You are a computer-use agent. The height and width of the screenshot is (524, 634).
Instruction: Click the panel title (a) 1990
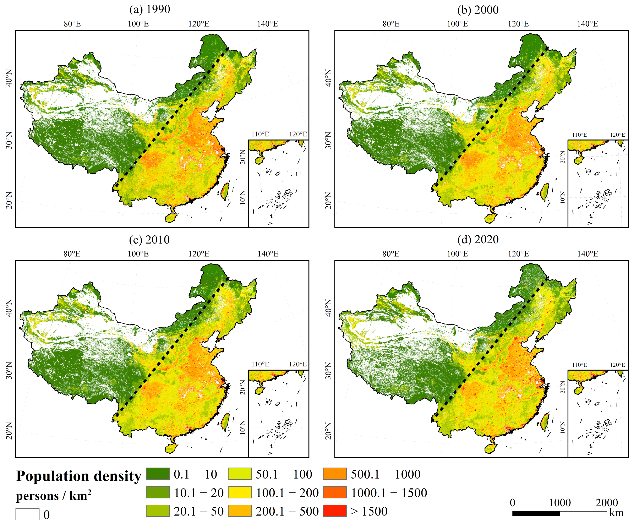(x=150, y=9)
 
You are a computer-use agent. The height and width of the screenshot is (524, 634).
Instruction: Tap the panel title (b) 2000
(x=478, y=10)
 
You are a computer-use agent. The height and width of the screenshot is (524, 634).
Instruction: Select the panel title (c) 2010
(x=149, y=240)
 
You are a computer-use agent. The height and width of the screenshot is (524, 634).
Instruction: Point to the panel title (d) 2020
(x=478, y=239)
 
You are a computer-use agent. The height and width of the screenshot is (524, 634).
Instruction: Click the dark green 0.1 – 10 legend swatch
(x=158, y=474)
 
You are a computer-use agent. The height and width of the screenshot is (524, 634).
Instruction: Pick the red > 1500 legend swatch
(x=335, y=511)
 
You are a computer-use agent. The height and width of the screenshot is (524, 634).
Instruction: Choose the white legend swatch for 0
(x=27, y=514)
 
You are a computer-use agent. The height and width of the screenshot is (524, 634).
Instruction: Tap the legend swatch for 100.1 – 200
(x=240, y=493)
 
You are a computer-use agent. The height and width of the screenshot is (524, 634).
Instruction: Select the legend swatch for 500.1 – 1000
(x=335, y=474)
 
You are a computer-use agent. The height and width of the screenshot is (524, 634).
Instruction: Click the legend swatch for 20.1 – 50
(x=158, y=511)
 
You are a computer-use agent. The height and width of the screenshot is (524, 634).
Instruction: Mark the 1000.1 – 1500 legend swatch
(x=335, y=493)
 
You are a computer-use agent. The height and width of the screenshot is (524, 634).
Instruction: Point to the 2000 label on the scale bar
(x=607, y=503)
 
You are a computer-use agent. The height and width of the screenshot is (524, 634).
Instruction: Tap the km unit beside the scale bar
(x=616, y=513)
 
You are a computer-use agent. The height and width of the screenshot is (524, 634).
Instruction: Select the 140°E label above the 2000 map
(x=587, y=24)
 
